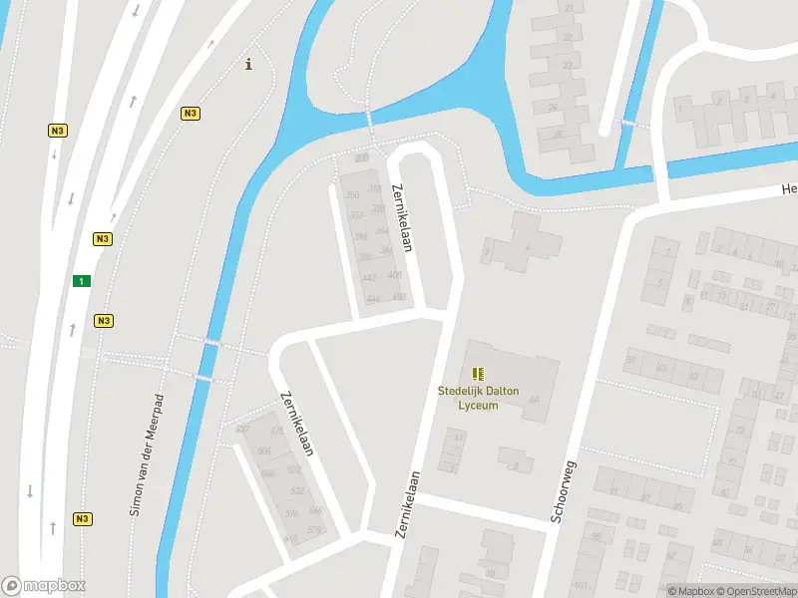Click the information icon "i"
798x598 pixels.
[x=248, y=65]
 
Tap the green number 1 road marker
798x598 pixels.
[x=80, y=281]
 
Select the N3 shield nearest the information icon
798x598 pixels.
[x=190, y=114]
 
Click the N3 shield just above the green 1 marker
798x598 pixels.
[x=103, y=239]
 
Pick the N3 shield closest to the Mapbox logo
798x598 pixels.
[x=82, y=518]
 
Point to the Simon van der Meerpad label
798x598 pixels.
[x=145, y=454]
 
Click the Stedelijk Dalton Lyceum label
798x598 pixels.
[x=479, y=398]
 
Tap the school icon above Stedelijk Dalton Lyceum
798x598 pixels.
[x=479, y=374]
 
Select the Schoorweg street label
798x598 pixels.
[x=565, y=491]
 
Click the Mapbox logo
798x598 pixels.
[x=44, y=586]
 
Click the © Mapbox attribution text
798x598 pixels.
[x=691, y=591]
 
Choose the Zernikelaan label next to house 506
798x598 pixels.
[x=298, y=423]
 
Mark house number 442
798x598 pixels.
[x=368, y=278]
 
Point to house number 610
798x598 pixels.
[x=290, y=539]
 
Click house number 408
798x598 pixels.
[x=394, y=275]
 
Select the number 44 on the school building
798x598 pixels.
[x=534, y=400]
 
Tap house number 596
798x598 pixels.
[x=292, y=513]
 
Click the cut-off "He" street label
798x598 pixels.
[x=789, y=189]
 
